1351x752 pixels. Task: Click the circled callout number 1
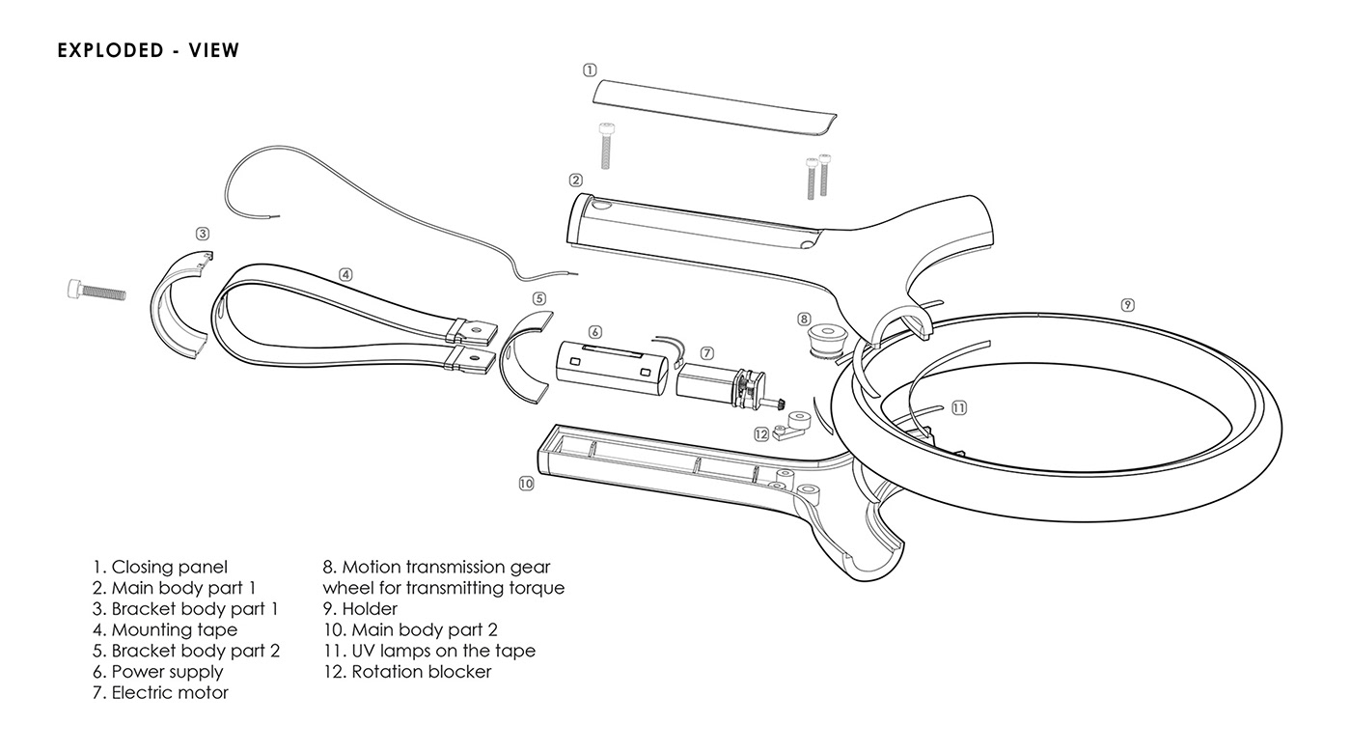click(x=590, y=70)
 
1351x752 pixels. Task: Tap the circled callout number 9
click(x=1127, y=305)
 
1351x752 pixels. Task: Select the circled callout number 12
click(x=761, y=433)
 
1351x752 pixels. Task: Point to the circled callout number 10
click(x=526, y=483)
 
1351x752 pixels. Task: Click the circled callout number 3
click(x=202, y=234)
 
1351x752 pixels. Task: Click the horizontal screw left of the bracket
click(x=96, y=288)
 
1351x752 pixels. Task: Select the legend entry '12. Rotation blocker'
click(x=407, y=672)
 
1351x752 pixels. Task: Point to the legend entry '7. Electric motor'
click(x=160, y=693)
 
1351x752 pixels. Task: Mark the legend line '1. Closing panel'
click(x=160, y=568)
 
